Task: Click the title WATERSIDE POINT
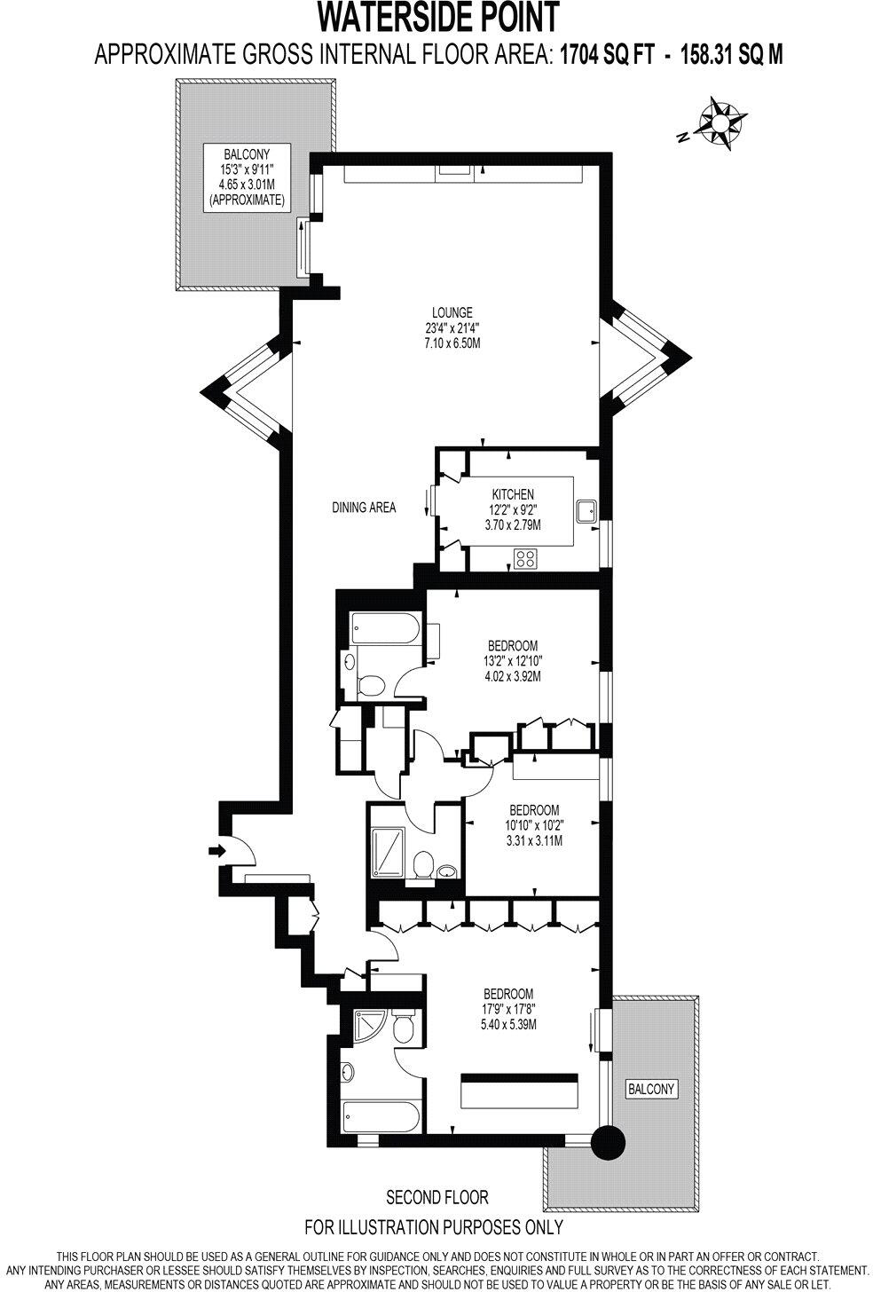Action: [x=438, y=18]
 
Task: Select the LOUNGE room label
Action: [x=452, y=312]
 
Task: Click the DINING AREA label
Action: [x=364, y=508]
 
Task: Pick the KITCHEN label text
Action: [x=513, y=494]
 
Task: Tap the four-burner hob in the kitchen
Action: [x=525, y=558]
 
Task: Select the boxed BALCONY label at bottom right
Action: [x=651, y=1089]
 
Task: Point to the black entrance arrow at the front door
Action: [x=216, y=851]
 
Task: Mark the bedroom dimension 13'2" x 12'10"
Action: [x=513, y=660]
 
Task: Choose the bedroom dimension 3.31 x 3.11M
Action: [x=533, y=841]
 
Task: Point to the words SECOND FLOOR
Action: [x=436, y=1198]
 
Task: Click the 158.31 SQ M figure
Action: [x=731, y=55]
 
